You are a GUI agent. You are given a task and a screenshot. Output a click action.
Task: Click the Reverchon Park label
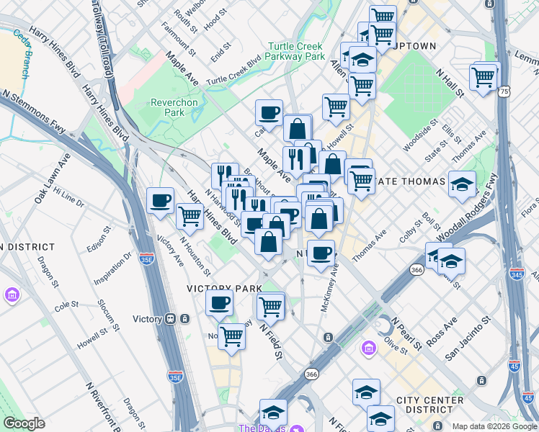(174, 107)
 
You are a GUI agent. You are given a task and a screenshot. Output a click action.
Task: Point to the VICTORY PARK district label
(224, 288)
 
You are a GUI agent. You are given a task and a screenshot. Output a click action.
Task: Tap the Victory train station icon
(171, 319)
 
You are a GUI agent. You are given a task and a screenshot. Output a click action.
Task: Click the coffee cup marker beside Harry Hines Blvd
(159, 199)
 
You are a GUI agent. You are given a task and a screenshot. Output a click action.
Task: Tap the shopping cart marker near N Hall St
(484, 76)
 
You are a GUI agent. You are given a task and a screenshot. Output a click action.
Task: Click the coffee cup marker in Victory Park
(219, 302)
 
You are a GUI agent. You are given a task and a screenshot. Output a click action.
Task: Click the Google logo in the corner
(24, 423)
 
